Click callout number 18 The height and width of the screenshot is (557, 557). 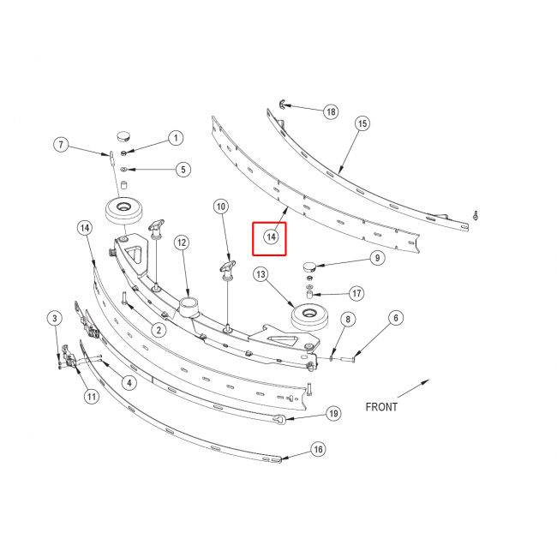[x=331, y=112]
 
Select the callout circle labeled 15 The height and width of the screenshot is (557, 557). [x=362, y=123]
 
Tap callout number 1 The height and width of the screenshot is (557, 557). [x=176, y=138]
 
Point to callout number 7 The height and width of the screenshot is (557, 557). [x=61, y=145]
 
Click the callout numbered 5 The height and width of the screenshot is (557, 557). [x=183, y=170]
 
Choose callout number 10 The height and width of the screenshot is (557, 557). [x=221, y=207]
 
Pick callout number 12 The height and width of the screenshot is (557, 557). [x=182, y=243]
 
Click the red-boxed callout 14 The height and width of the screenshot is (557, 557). [x=271, y=237]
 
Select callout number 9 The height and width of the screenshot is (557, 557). [x=377, y=258]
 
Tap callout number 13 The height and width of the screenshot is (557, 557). [x=261, y=274]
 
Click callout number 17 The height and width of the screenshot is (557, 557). [x=356, y=293]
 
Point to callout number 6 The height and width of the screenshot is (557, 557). [x=396, y=318]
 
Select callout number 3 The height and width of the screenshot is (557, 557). [x=54, y=318]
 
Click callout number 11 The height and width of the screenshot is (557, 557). [x=92, y=397]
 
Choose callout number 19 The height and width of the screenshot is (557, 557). [x=333, y=414]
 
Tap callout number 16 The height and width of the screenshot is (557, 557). [x=318, y=449]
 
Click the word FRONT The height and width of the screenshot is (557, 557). [x=381, y=407]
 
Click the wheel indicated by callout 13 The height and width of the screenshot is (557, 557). [x=309, y=317]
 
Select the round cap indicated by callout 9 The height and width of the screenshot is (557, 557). [x=308, y=266]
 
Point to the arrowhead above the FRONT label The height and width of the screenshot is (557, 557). [x=425, y=382]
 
